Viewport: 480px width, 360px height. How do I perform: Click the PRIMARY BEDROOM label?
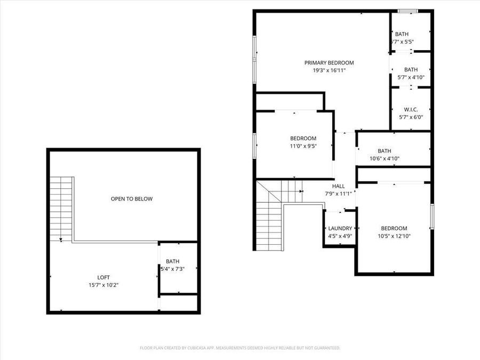coord(329,62)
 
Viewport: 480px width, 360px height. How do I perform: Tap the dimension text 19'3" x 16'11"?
coord(329,70)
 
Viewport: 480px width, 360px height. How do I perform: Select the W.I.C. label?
coord(411,109)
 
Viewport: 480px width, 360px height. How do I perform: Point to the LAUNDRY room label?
coord(340,228)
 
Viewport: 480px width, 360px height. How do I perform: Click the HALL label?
coord(338,186)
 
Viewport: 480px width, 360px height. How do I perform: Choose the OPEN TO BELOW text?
coord(131,199)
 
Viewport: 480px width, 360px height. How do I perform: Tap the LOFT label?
coord(103,277)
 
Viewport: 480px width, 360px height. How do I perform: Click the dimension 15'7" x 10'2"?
coord(103,285)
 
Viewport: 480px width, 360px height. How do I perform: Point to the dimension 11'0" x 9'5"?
coord(303,146)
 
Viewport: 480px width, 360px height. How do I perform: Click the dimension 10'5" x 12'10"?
coord(394,236)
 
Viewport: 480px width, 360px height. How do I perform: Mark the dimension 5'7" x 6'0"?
coord(411,117)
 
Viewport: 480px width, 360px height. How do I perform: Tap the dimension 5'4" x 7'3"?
coord(173,269)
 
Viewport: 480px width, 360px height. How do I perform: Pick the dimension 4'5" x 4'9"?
coord(340,236)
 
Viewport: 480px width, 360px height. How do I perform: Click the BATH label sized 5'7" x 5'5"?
coord(402,34)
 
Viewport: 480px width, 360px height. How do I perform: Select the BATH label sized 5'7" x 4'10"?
coord(411,69)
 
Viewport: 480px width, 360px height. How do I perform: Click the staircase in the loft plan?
coord(61,208)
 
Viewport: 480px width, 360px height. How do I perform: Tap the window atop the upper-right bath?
coord(408,11)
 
